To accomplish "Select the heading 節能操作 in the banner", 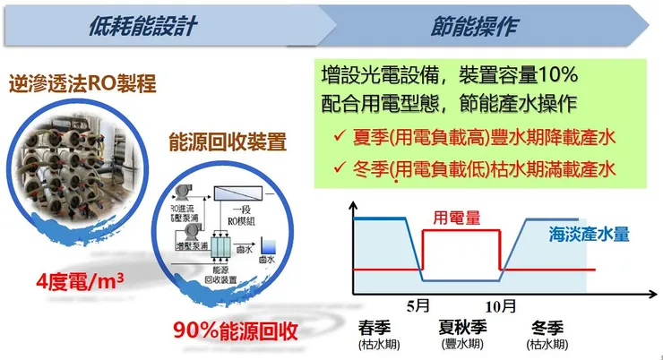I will tap(481, 25).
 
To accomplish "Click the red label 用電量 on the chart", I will tap(455, 218).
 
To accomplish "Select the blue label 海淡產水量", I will tap(589, 235).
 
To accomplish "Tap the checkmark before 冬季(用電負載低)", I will tap(338, 167).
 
